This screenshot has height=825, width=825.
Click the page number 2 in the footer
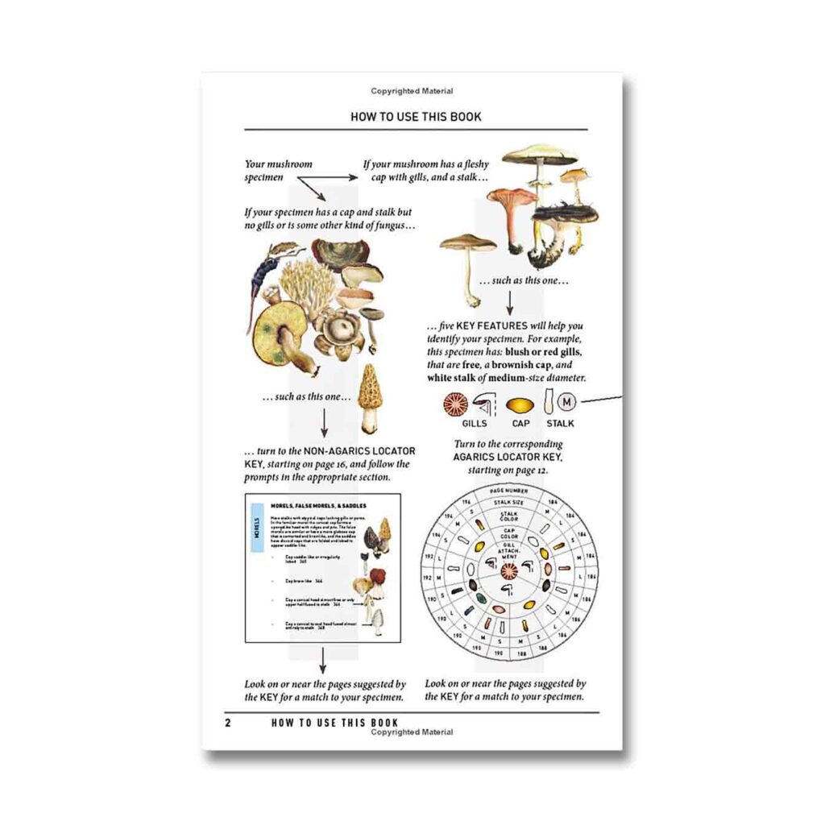pyautogui.click(x=228, y=723)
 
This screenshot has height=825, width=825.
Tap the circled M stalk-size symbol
pyautogui.click(x=568, y=400)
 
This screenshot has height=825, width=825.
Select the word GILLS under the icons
pyautogui.click(x=475, y=422)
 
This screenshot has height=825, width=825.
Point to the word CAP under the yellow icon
pyautogui.click(x=520, y=422)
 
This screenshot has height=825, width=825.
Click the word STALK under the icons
pyautogui.click(x=560, y=422)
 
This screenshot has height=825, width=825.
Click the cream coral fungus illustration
pyautogui.click(x=306, y=286)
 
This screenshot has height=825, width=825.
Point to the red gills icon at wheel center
pyautogui.click(x=509, y=571)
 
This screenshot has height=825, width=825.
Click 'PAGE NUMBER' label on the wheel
pyautogui.click(x=509, y=491)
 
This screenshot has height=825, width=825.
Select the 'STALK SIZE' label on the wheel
pyautogui.click(x=509, y=502)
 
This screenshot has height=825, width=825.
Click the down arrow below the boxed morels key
pyautogui.click(x=323, y=661)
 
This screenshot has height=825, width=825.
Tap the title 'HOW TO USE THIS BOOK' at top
pyautogui.click(x=416, y=117)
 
